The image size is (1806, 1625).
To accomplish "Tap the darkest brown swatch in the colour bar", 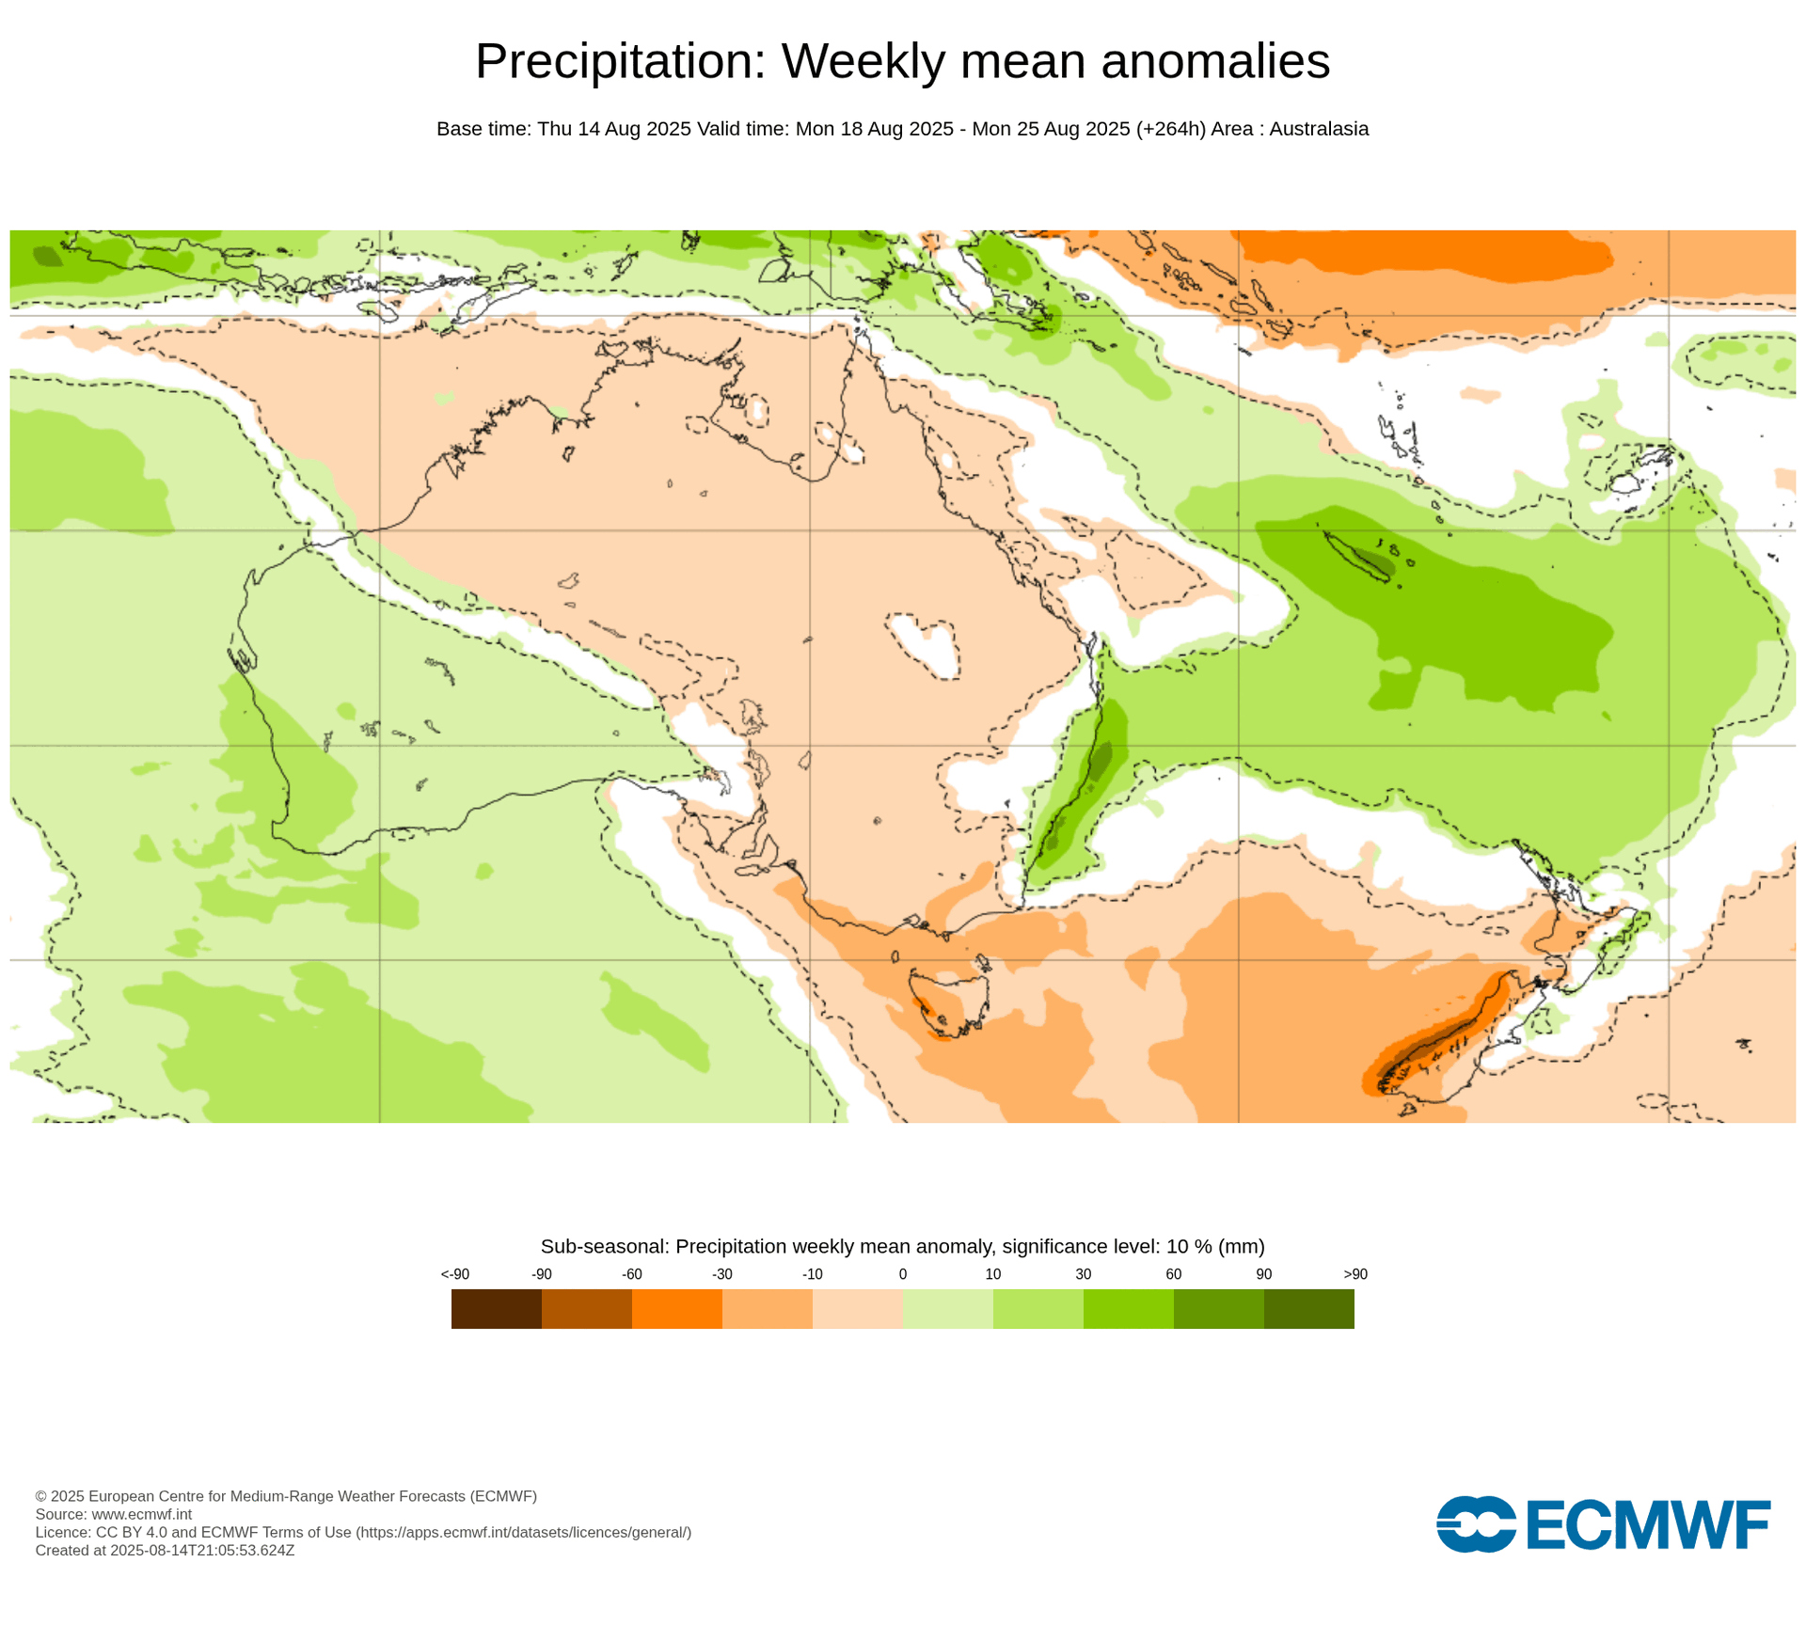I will click(496, 1308).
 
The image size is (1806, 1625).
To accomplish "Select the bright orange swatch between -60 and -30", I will click(676, 1308).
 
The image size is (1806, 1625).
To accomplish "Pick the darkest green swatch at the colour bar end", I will click(1308, 1308).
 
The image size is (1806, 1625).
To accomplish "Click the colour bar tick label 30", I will click(1083, 1274).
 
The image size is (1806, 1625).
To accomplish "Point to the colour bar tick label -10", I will click(812, 1274).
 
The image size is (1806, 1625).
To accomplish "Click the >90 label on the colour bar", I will click(1354, 1274).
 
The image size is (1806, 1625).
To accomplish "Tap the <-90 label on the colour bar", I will click(454, 1274).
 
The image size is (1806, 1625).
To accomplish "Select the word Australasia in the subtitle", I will click(1318, 129).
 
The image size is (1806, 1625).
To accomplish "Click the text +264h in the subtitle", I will click(1170, 129).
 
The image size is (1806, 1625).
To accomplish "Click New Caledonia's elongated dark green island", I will click(1357, 557).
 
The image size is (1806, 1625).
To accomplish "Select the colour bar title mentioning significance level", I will click(902, 1246).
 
